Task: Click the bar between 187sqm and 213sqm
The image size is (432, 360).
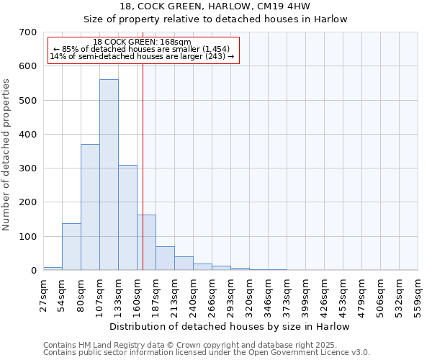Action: click(x=165, y=258)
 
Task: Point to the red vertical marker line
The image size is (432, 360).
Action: click(x=143, y=166)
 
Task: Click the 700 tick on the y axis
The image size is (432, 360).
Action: click(x=28, y=32)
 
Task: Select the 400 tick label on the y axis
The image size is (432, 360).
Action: click(x=28, y=135)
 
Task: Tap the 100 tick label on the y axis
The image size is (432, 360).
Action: click(x=28, y=237)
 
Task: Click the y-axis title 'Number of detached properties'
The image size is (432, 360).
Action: click(x=7, y=155)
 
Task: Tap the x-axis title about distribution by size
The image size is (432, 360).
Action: click(x=230, y=326)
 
